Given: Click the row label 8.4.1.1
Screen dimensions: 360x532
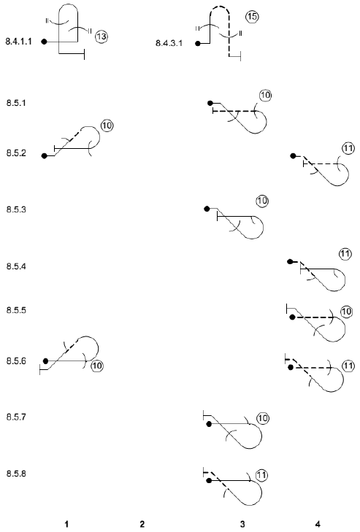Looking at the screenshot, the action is coord(19,42).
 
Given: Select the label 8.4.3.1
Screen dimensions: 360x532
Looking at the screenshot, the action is coord(169,43).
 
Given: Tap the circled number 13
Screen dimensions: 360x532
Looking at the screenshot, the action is coord(102,36).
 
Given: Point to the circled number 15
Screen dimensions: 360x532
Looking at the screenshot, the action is coord(253,17).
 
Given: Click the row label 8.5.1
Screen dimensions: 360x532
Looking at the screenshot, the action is coord(16,103).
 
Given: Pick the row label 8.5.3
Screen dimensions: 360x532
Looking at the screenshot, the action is coord(16,209).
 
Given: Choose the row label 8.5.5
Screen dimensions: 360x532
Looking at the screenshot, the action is coord(16,310).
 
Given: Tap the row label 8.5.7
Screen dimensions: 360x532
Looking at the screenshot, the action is coord(16,417).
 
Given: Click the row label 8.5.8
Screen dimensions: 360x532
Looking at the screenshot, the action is coord(16,474).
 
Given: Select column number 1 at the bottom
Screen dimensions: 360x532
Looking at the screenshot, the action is coord(66,524).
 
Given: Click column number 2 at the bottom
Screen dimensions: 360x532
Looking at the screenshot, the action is coord(142,524).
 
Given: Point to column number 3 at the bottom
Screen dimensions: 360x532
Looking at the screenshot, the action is coord(242,524).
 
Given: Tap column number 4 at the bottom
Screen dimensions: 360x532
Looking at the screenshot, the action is coord(318,524).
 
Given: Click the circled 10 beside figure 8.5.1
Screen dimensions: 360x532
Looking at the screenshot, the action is coord(266,96).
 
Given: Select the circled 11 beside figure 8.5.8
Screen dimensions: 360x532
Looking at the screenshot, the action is coord(261,475).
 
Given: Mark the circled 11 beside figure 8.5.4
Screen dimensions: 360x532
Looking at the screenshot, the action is coord(345,254).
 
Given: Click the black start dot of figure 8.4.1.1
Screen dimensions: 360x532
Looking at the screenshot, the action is coord(44,42).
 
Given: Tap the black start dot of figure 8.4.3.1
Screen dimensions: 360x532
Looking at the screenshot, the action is coord(198,44).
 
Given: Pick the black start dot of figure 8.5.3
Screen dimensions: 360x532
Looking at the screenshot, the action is coord(207,209).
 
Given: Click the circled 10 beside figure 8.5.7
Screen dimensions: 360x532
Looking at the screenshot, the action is coord(263,418).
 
